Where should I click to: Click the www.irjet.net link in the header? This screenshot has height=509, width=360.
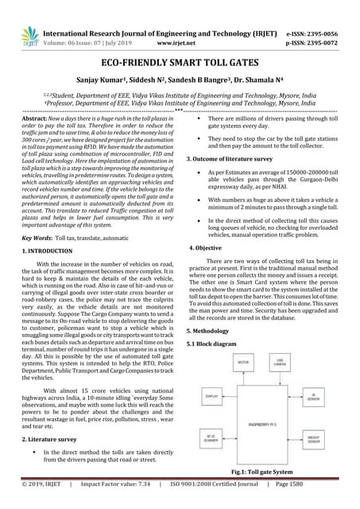coord(179,25)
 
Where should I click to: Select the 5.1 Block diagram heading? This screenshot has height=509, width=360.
coord(211,343)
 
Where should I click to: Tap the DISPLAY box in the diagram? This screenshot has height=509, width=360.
coord(212,395)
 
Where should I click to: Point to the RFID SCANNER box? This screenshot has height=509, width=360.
coord(212,437)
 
